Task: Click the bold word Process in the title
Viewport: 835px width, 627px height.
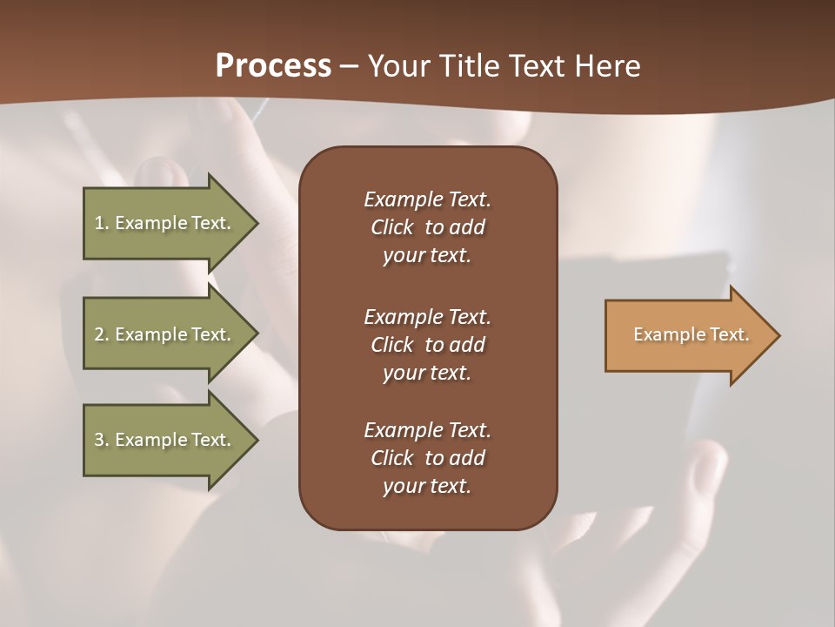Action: [273, 66]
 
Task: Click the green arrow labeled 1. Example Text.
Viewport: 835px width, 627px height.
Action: [163, 223]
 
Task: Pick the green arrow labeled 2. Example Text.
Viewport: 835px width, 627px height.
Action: [163, 334]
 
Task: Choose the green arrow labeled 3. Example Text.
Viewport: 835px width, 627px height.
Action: [163, 440]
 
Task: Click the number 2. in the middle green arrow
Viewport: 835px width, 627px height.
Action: [102, 334]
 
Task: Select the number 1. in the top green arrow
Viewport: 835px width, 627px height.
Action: [102, 223]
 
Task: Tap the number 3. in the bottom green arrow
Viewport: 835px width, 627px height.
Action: [102, 440]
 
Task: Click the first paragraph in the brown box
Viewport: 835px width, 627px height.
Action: [427, 227]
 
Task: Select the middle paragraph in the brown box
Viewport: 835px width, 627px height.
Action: [427, 345]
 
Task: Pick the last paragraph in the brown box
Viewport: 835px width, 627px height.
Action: [427, 458]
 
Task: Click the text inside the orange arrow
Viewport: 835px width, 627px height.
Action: [691, 334]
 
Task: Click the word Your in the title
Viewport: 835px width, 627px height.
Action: [399, 66]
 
